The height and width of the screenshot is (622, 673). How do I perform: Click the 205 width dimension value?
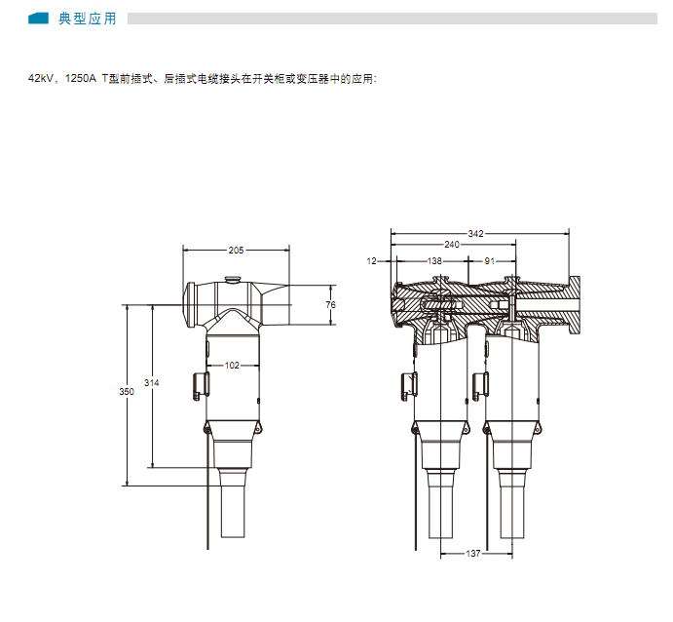coord(236,250)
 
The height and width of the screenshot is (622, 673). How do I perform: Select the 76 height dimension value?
coord(330,304)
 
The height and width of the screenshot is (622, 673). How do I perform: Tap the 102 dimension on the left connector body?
coord(232,366)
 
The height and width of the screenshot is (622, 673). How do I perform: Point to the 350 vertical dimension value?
coord(127,391)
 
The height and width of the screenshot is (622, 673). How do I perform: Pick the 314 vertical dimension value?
coord(152,383)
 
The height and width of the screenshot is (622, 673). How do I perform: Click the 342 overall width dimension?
coord(475,234)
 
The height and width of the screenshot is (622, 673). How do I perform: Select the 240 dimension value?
coord(452,245)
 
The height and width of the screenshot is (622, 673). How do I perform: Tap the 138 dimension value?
coord(434,260)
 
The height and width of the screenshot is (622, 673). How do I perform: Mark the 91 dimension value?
coord(489,260)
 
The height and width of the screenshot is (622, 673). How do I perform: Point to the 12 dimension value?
coord(372,260)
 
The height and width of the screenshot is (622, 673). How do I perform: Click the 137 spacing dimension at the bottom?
coord(473,554)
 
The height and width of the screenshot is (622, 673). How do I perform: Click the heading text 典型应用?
coord(88,19)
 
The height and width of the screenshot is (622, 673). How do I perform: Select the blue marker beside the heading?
coord(38,19)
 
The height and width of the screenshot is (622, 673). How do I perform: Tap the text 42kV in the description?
coord(41,78)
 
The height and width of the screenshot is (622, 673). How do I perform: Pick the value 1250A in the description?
coord(81,78)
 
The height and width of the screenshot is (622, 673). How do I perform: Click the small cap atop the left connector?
coord(233,280)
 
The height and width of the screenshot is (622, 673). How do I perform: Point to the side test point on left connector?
coord(201,386)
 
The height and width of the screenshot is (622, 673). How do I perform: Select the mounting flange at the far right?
coord(575,305)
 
